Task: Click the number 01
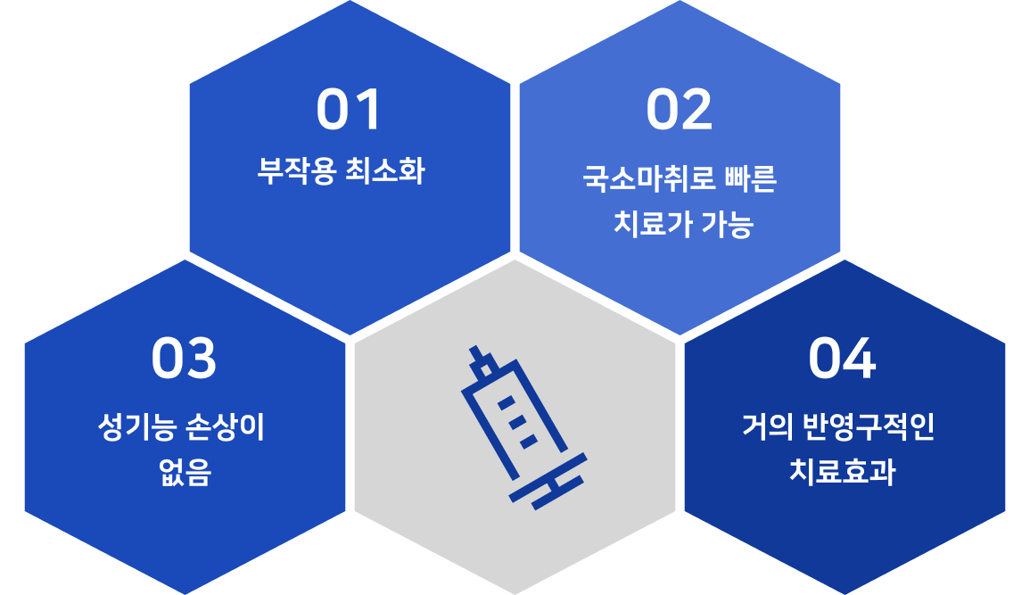(349, 110)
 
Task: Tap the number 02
(680, 110)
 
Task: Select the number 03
(184, 359)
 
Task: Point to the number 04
(842, 359)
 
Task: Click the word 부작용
(297, 170)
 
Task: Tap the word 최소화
(385, 170)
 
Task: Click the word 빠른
(751, 178)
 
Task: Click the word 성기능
(136, 427)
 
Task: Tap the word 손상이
(225, 427)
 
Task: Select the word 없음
(185, 473)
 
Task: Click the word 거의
(768, 427)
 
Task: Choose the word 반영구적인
(869, 427)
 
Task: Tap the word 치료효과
(842, 473)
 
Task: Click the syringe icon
(523, 427)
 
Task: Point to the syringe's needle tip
(473, 347)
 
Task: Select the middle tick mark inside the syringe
(517, 422)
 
